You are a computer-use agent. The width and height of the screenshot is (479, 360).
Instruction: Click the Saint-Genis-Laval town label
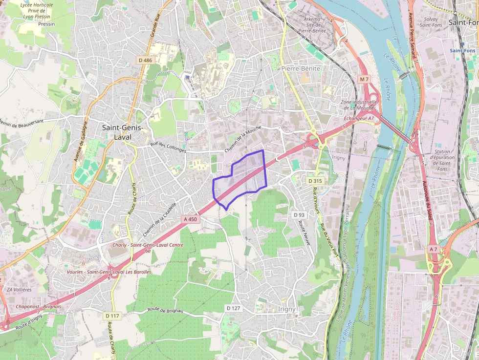coord(123,132)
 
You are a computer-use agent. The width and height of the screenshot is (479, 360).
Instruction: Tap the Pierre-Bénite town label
coord(301,69)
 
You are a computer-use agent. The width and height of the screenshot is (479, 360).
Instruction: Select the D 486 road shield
coord(146,60)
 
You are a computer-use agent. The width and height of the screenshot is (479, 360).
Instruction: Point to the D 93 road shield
coord(299,215)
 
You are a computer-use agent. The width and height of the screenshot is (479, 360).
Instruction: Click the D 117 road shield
coord(112,316)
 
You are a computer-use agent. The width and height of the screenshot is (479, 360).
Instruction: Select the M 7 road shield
coord(364,79)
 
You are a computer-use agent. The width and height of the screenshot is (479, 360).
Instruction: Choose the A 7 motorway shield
coord(433,249)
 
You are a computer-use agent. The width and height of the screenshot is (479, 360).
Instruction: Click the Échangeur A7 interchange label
coord(359,118)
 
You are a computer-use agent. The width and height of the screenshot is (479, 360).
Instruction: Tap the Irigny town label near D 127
coord(287,309)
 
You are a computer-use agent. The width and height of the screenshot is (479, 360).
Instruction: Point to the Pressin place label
coord(46,24)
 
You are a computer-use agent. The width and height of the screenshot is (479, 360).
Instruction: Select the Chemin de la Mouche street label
coord(243,139)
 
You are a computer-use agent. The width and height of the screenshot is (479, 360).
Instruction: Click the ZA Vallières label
coord(19,290)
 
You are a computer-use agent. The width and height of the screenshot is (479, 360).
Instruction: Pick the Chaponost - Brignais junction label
coord(39,306)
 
